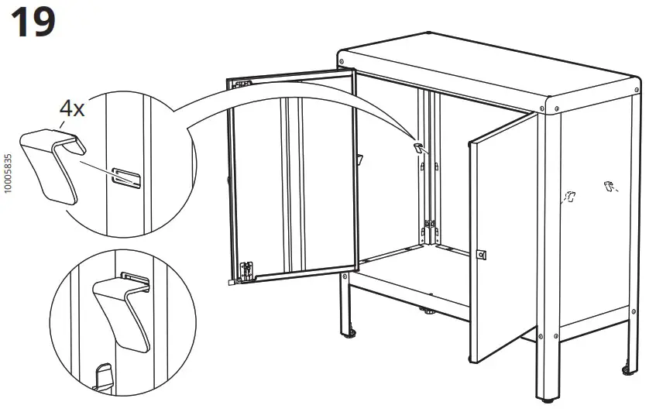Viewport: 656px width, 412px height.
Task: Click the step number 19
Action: pos(32,22)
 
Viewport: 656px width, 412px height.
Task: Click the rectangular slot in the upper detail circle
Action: pos(125,177)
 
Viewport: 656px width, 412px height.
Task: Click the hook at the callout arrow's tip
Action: pos(418,147)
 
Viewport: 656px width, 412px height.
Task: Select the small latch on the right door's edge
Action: pos(480,254)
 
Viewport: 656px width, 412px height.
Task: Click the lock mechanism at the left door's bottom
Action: pos(247,270)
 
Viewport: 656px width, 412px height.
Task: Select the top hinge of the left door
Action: pos(242,82)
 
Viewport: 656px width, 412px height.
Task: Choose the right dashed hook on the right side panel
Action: pos(608,186)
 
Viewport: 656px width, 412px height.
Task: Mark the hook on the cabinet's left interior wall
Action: pos(360,159)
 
